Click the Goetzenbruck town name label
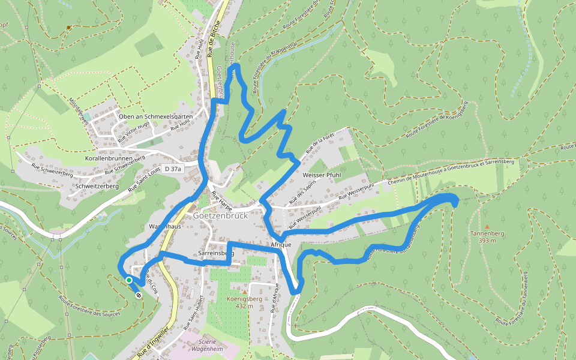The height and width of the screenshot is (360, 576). click(x=220, y=215)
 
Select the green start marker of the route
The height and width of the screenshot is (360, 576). click(x=128, y=280)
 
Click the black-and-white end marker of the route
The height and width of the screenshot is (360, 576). click(x=139, y=295)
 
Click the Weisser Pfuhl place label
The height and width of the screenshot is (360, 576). click(x=322, y=175)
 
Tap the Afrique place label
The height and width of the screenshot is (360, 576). click(x=281, y=245)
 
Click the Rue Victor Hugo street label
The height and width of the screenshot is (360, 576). click(x=134, y=131)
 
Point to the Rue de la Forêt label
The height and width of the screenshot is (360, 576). click(x=319, y=146)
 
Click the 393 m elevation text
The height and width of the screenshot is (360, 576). click(x=487, y=241)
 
